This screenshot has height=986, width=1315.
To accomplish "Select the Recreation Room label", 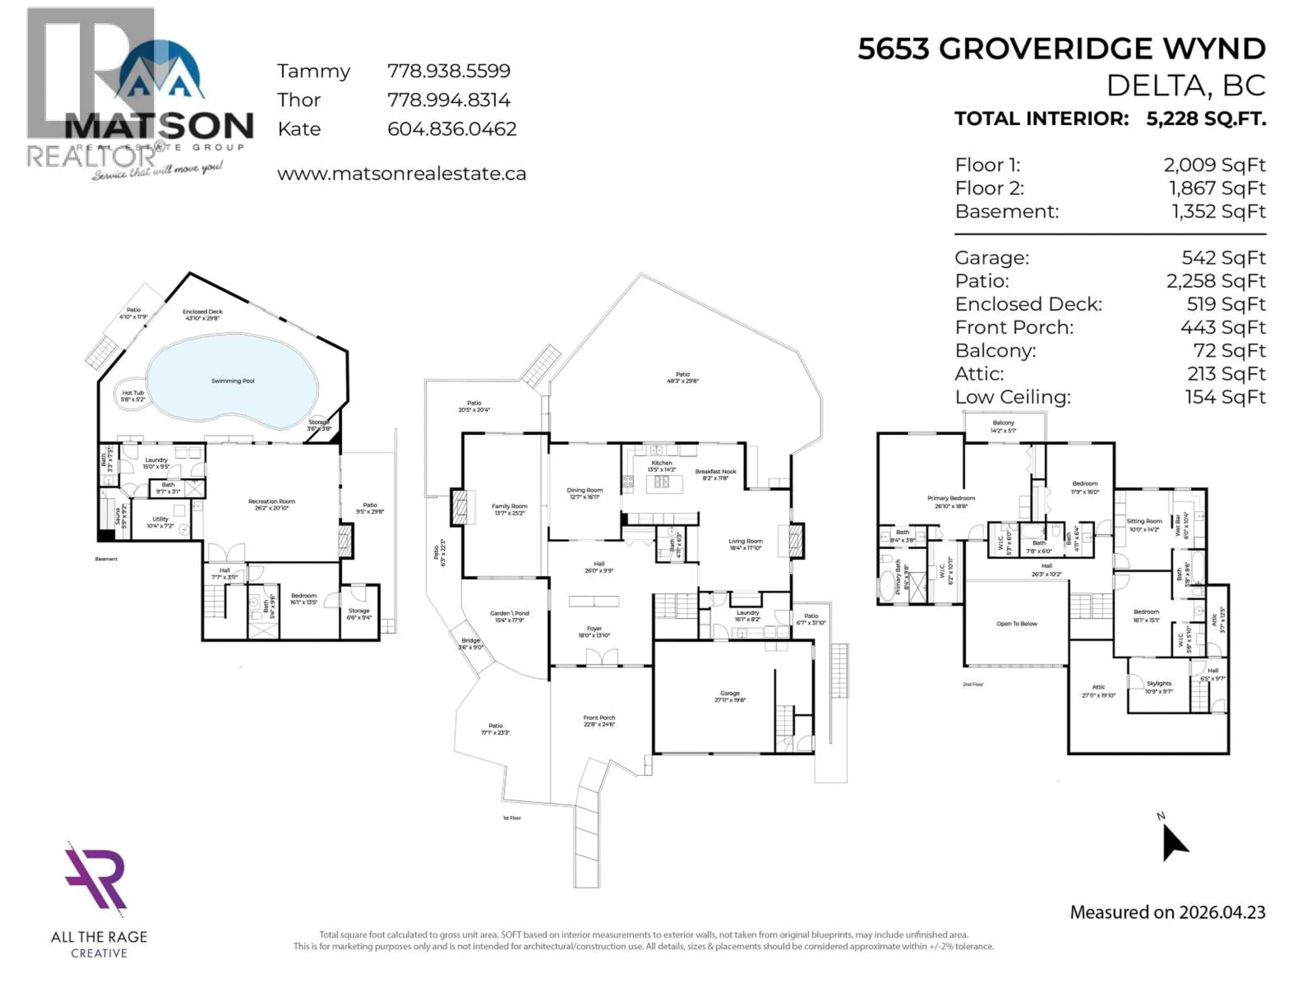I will coord(272,504).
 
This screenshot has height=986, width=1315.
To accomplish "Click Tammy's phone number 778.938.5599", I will coord(449,71).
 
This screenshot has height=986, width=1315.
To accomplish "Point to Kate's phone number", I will coord(452,129).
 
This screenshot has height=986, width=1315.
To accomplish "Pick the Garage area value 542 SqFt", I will coord(1224,257).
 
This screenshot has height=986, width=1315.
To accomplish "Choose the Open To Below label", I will coord(1017,623).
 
